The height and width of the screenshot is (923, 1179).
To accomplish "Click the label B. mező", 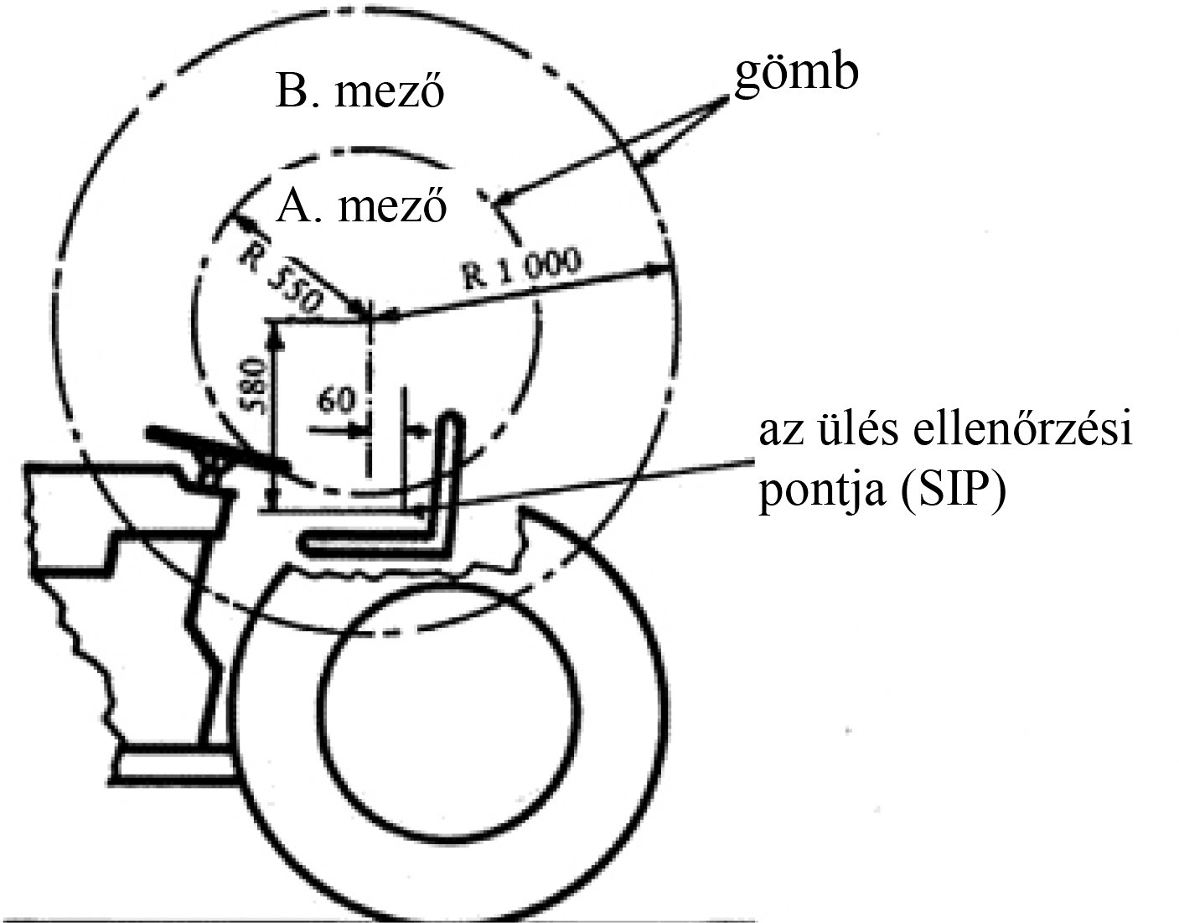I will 359,93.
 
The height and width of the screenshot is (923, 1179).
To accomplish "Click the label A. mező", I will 361,205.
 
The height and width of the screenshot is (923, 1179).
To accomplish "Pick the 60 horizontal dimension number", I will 334,401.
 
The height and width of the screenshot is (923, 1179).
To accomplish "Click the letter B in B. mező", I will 289,93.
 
